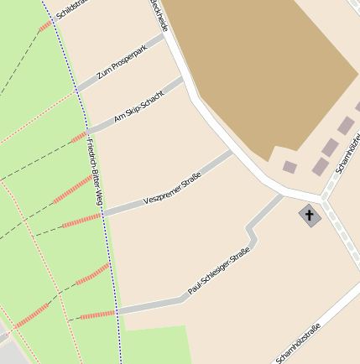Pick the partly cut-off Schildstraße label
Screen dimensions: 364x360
click(x=72, y=10)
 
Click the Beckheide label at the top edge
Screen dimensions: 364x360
click(x=159, y=15)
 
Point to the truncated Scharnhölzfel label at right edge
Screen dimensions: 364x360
click(x=347, y=151)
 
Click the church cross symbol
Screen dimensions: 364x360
click(x=309, y=216)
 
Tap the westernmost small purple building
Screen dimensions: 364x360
click(x=290, y=167)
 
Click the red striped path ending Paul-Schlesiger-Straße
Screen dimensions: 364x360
click(x=97, y=315)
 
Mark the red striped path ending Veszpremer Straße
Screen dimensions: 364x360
click(x=81, y=221)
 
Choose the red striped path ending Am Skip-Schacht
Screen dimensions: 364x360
click(x=79, y=137)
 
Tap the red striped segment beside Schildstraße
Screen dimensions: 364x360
click(x=44, y=28)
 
